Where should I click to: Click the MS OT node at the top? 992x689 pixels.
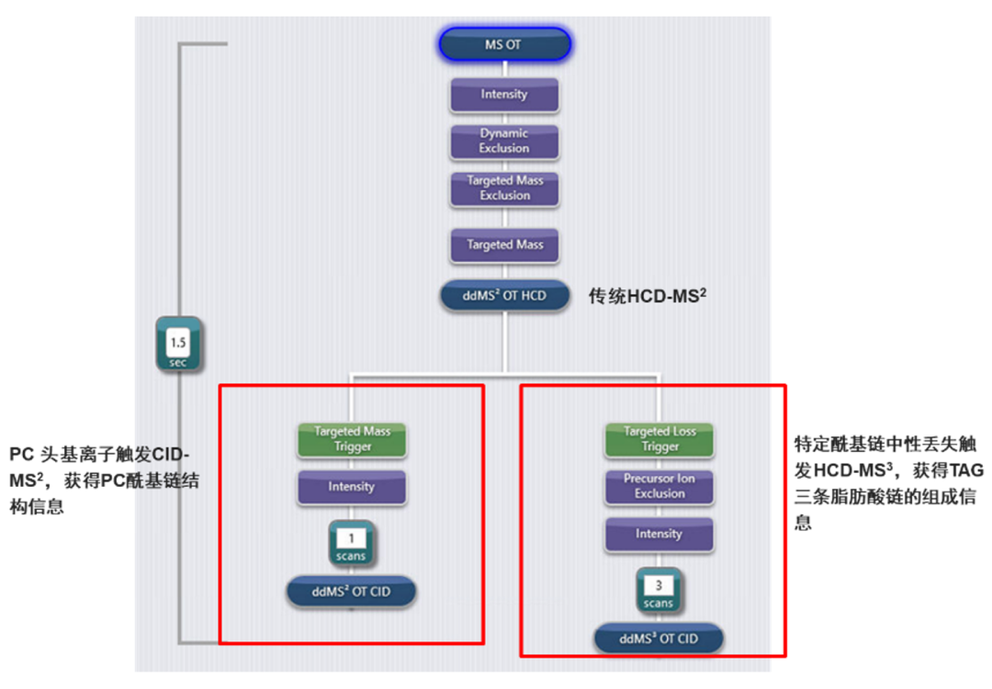tap(504, 44)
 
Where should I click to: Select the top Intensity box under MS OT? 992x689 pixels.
tap(504, 95)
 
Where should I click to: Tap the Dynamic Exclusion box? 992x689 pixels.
tap(504, 141)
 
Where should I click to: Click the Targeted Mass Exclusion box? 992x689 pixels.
tap(504, 188)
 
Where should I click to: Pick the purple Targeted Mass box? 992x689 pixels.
tap(504, 245)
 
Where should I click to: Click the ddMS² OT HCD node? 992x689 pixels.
tap(504, 297)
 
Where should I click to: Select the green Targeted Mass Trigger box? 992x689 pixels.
tap(352, 439)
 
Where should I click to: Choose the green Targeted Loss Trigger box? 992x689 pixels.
tap(659, 439)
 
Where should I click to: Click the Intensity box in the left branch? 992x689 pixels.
tap(352, 487)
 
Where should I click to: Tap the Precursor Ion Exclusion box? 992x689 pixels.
tap(659, 486)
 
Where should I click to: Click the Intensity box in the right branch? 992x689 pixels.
tap(659, 534)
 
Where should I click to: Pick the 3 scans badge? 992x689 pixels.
tap(659, 590)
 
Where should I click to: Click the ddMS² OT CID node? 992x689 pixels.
tap(352, 592)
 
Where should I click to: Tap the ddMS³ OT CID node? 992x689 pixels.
tap(659, 638)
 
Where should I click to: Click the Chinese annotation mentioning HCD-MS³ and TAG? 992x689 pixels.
tap(888, 483)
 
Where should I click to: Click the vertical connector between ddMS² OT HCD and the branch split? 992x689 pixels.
tap(504, 342)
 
